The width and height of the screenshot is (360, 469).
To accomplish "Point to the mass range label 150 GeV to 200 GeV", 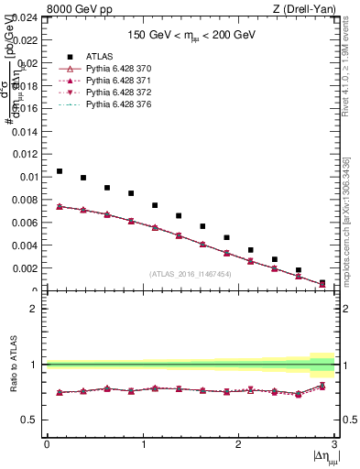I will [191, 34].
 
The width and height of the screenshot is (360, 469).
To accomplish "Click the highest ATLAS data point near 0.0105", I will [60, 171].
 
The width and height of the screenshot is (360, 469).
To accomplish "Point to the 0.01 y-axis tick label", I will [27, 177].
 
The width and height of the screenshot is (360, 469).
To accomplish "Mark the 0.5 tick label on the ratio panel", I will [31, 420].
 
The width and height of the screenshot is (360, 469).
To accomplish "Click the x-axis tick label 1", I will [142, 444].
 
